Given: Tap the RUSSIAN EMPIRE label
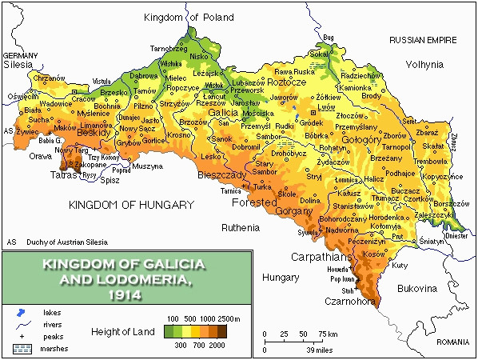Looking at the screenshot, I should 422,39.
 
